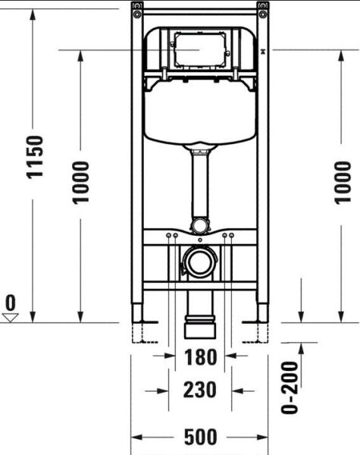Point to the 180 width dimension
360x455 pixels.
click(200, 356)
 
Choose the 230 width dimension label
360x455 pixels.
click(200, 390)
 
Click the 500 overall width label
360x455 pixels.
click(201, 438)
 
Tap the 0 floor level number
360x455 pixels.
click(11, 303)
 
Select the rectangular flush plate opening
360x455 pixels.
click(198, 49)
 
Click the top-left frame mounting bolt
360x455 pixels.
click(136, 7)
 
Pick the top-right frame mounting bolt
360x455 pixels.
click(262, 7)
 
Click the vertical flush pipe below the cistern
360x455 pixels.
click(199, 186)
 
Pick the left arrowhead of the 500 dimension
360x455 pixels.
click(136, 438)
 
